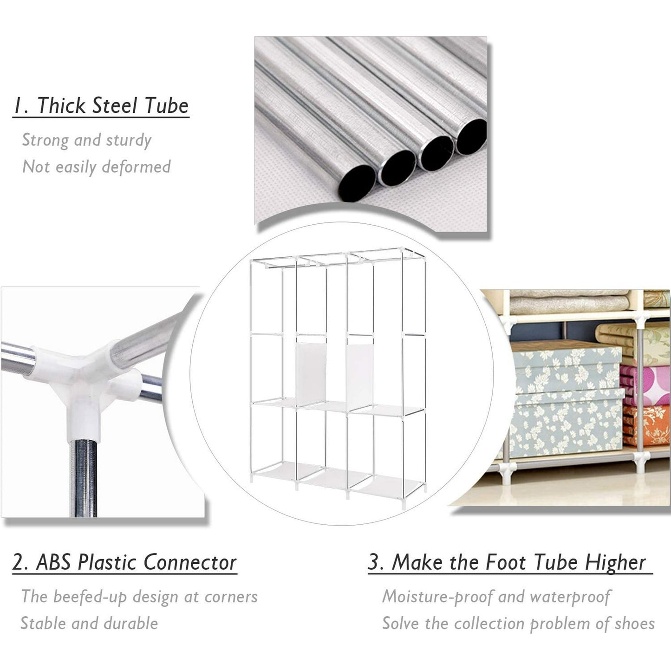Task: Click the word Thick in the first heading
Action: click(x=62, y=105)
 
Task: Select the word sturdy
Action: click(x=129, y=140)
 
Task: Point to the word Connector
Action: click(x=190, y=562)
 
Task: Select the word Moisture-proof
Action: click(x=437, y=597)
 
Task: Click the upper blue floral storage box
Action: click(x=567, y=369)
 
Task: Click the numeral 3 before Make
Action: click(x=374, y=562)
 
